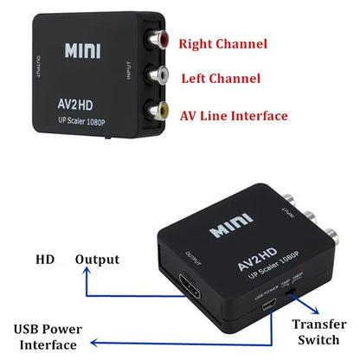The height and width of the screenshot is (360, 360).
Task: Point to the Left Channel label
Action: [x=220, y=79]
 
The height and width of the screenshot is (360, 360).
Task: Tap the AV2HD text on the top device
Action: [x=91, y=100]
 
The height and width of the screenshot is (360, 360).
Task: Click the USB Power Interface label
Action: [x=51, y=336]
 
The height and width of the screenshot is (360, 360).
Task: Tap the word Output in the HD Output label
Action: [x=97, y=259]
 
